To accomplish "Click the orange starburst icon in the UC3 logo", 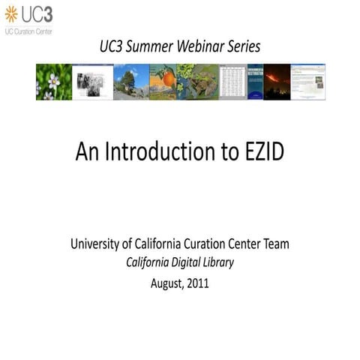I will (10, 13).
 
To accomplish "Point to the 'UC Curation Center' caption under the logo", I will (28, 32).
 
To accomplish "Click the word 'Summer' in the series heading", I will (151, 46).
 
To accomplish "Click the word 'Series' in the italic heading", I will (244, 46).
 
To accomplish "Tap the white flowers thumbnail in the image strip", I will (53, 82).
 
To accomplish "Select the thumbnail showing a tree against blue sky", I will (130, 82).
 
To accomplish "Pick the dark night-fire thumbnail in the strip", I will (277, 82).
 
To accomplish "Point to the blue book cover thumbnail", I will (255, 82).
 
